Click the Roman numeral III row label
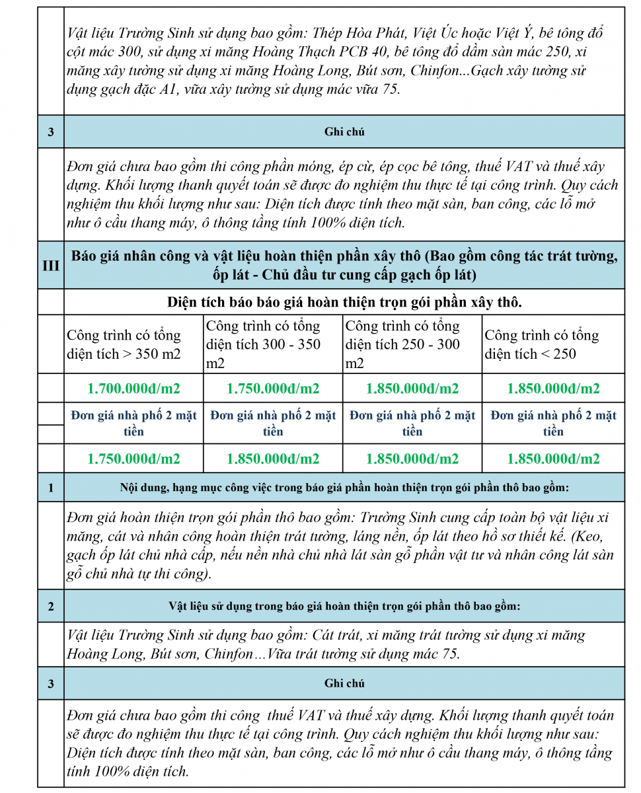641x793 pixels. (x=51, y=266)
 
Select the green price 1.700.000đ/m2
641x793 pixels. (x=133, y=389)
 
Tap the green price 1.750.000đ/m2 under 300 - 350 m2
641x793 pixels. (x=272, y=389)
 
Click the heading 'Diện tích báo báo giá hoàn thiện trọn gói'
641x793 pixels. (x=344, y=303)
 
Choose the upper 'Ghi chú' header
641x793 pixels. (x=344, y=132)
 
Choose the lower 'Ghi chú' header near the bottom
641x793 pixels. (x=344, y=683)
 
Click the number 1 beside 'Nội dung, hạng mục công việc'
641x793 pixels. (x=51, y=488)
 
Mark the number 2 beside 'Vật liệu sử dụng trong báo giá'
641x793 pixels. (x=51, y=605)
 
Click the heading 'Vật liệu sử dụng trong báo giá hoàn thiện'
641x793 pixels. (x=344, y=605)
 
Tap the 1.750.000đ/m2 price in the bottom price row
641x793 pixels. (x=133, y=459)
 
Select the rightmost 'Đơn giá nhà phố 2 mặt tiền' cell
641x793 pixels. (x=553, y=423)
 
